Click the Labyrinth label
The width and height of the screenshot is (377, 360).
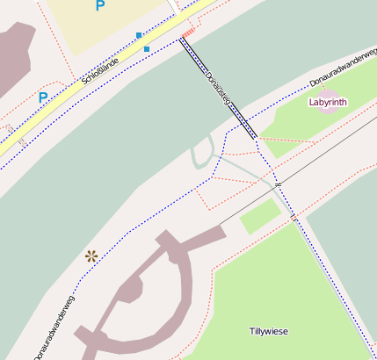(x=328, y=103)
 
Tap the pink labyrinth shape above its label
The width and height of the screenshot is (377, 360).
(x=328, y=92)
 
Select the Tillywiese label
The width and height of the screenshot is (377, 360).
(x=268, y=331)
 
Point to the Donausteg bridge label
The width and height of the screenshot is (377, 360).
(x=217, y=90)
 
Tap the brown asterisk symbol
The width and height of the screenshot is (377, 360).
(x=91, y=256)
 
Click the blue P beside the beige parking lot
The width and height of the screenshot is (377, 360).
(x=99, y=6)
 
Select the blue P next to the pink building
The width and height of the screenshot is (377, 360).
(x=42, y=97)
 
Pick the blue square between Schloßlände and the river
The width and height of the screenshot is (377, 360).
(x=146, y=49)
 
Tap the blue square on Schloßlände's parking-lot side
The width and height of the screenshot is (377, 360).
(x=138, y=35)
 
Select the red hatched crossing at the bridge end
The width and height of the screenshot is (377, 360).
(x=186, y=34)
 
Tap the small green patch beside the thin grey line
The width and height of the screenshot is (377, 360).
(x=260, y=216)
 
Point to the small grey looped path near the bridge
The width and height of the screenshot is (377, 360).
(x=202, y=155)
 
